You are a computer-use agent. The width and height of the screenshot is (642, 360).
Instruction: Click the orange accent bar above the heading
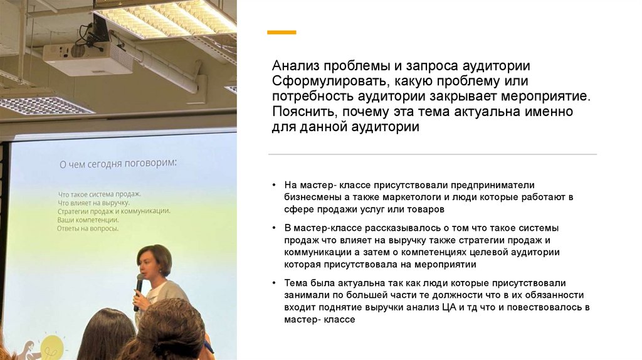pyautogui.click(x=282, y=32)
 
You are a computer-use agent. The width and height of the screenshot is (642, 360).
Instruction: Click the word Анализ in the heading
pyautogui.click(x=295, y=66)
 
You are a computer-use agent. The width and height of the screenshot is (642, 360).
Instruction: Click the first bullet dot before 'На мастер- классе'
pyautogui.click(x=275, y=185)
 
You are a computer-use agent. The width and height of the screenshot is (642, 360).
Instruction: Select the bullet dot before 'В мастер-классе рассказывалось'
pyautogui.click(x=275, y=228)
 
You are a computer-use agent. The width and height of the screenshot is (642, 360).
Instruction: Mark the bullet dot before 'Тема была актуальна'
pyautogui.click(x=275, y=283)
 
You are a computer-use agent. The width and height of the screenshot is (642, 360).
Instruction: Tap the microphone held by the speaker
pyautogui.click(x=138, y=290)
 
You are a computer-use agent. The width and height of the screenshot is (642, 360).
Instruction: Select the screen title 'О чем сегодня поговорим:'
pyautogui.click(x=118, y=164)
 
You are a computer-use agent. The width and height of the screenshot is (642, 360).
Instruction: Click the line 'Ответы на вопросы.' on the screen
pyautogui.click(x=88, y=229)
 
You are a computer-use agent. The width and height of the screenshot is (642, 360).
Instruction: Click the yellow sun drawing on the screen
pyautogui.click(x=52, y=347)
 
